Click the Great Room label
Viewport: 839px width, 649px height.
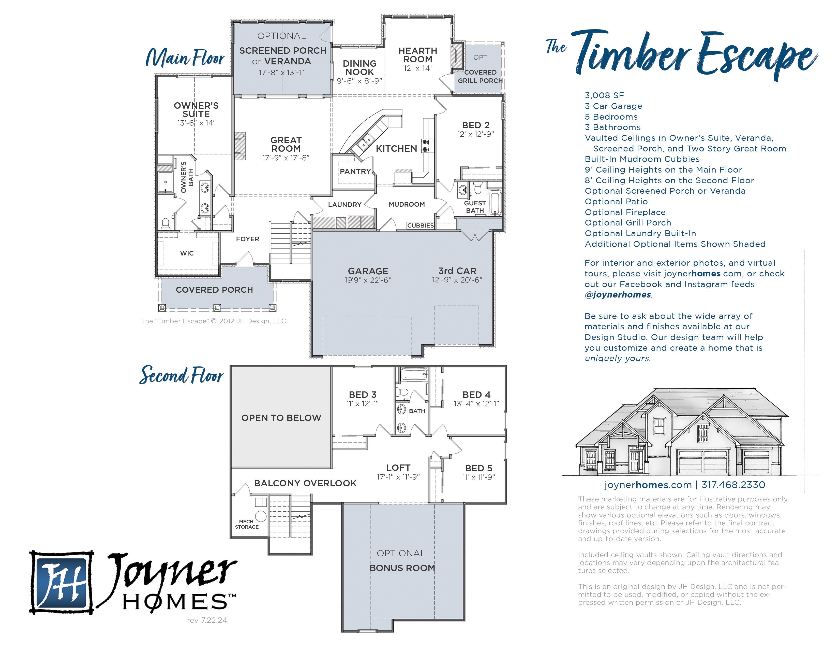pos(286,144)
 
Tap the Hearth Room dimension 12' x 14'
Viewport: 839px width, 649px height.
pos(417,68)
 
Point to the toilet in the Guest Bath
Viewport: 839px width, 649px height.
pos(477,188)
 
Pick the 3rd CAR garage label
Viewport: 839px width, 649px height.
pos(457,271)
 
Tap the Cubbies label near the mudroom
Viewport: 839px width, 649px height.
pos(420,225)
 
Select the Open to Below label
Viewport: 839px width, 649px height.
pos(281,418)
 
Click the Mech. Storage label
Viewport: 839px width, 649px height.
pos(247,524)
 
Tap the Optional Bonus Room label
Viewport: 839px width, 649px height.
pos(402,561)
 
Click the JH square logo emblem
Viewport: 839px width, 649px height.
pos(62,582)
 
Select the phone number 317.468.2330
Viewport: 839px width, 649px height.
pos(733,485)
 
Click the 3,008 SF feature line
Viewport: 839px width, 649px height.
pos(604,95)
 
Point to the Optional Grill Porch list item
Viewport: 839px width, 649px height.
pos(628,223)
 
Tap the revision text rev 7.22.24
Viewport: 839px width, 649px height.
pos(207,620)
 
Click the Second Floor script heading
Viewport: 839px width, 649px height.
pos(181,375)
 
